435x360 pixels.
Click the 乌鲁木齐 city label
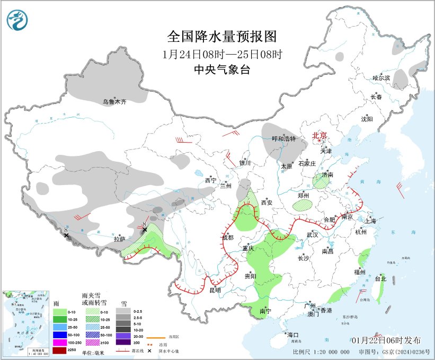coord(114,102)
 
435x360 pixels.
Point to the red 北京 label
coord(319,135)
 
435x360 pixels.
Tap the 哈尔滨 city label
coord(380,78)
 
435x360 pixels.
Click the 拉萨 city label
coord(119,239)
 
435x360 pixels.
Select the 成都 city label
coord(228,237)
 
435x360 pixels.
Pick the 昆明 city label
coord(215,291)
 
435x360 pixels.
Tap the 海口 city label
coord(293,335)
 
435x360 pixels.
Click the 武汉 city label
coord(312,234)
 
